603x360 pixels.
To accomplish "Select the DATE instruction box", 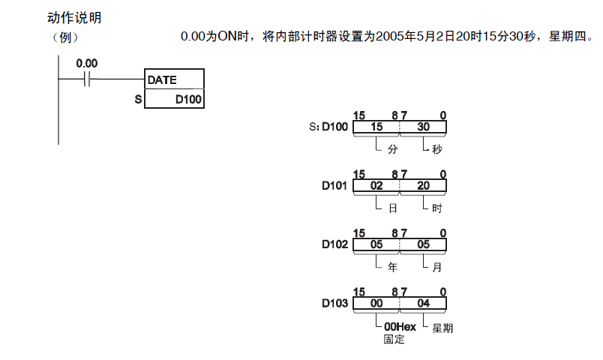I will (173, 79).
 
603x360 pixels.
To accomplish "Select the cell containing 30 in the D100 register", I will (424, 127).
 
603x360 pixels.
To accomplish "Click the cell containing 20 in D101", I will (424, 186).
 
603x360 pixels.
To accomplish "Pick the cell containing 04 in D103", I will (424, 304).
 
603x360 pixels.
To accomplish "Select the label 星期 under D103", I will (442, 328).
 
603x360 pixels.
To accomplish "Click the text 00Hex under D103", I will (400, 327).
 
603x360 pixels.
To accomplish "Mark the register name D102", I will (335, 244).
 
